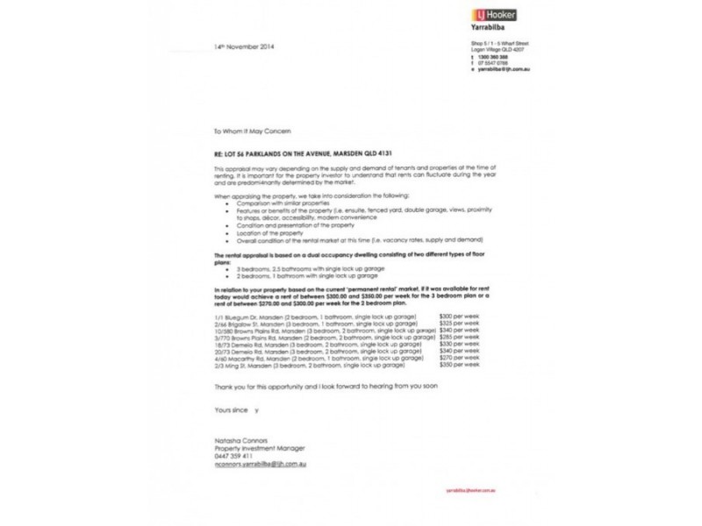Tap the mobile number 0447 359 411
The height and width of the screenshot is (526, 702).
(233, 458)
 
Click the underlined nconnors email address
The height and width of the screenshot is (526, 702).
(259, 466)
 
